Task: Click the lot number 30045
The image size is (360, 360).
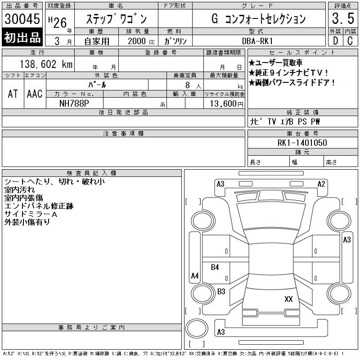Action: (x=22, y=19)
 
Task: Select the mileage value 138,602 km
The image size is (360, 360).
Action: (x=46, y=64)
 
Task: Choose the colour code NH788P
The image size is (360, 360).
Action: (x=75, y=103)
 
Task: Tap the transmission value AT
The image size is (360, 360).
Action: (x=13, y=94)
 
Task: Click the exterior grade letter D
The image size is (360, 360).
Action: (x=335, y=41)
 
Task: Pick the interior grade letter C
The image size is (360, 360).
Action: (x=350, y=41)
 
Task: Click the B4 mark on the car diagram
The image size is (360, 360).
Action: (x=215, y=267)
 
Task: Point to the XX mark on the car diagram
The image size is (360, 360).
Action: (x=289, y=299)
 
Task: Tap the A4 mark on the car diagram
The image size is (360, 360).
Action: (x=195, y=275)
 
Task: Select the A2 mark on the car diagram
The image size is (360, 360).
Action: (x=321, y=184)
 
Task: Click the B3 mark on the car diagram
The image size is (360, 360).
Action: (x=221, y=292)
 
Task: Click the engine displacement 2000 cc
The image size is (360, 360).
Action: (x=140, y=41)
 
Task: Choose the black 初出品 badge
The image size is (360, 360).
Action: (x=22, y=38)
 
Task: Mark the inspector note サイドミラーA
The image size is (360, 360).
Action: (x=31, y=214)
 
